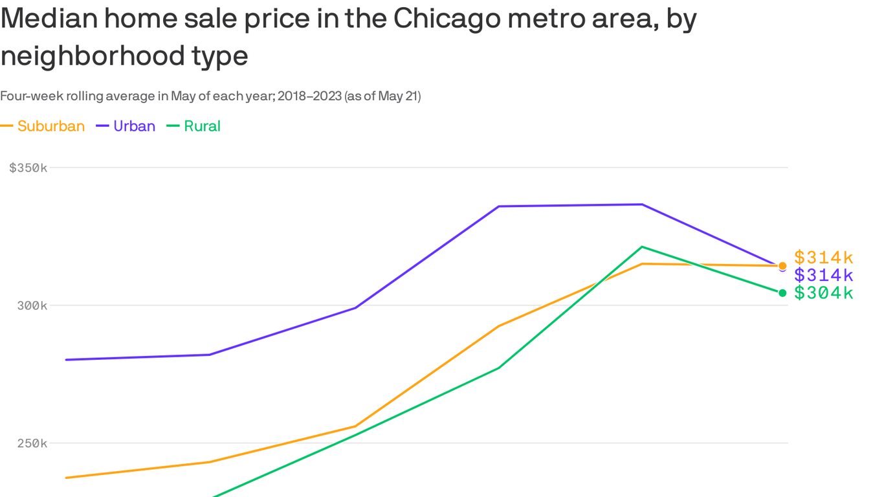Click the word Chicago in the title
(x=447, y=19)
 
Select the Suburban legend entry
(x=50, y=126)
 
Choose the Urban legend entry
(x=134, y=126)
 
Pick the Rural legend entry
(x=202, y=126)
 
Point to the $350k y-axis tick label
(x=28, y=168)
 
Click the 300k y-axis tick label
(x=32, y=305)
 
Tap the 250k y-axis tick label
(x=32, y=443)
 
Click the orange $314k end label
(x=824, y=257)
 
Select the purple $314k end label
(x=824, y=275)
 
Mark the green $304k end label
(x=824, y=293)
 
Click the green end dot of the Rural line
(x=782, y=293)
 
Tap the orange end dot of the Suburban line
(x=782, y=266)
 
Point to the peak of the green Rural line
(x=641, y=247)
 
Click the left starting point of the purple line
(x=67, y=360)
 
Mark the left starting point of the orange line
(x=67, y=478)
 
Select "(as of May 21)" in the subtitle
(x=382, y=96)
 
